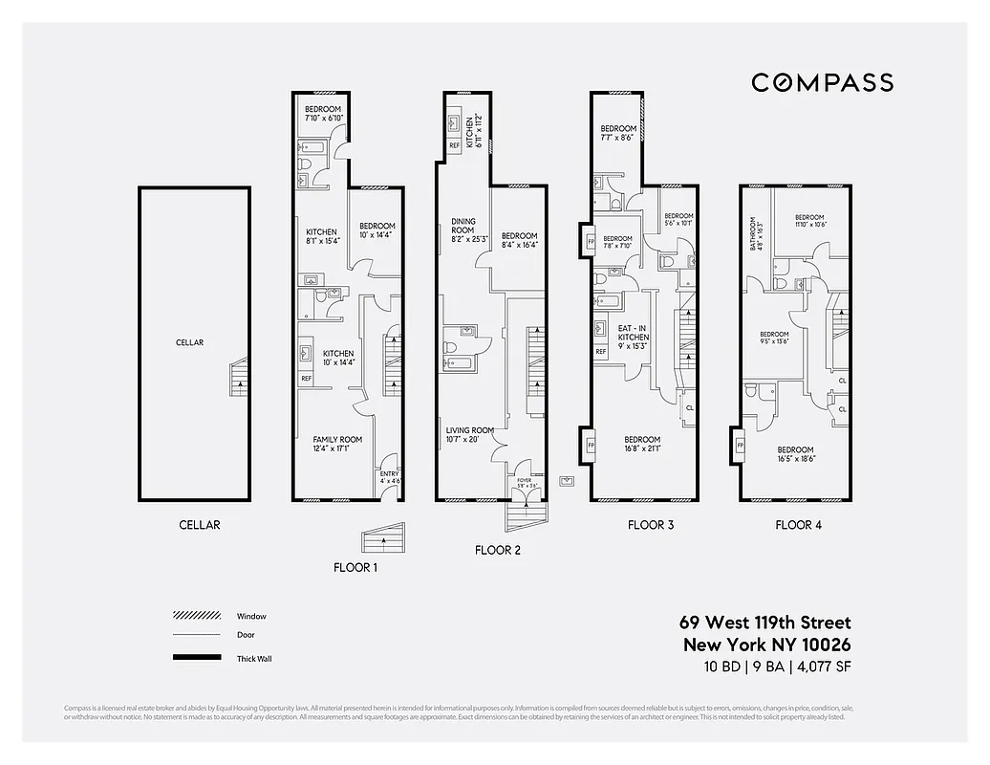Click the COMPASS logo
coord(822,82)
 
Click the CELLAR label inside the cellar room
coord(189,342)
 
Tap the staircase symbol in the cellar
coord(239,377)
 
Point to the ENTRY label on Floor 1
coord(389,474)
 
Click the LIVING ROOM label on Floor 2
coord(469,430)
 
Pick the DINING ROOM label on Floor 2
coord(463,227)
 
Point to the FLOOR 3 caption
coord(651,525)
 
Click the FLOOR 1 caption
coord(355,567)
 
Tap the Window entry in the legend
coord(251,617)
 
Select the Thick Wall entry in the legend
coord(254,659)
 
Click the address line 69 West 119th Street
coord(764,623)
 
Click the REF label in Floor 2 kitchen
coord(454,145)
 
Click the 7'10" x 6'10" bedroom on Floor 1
coord(323,114)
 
